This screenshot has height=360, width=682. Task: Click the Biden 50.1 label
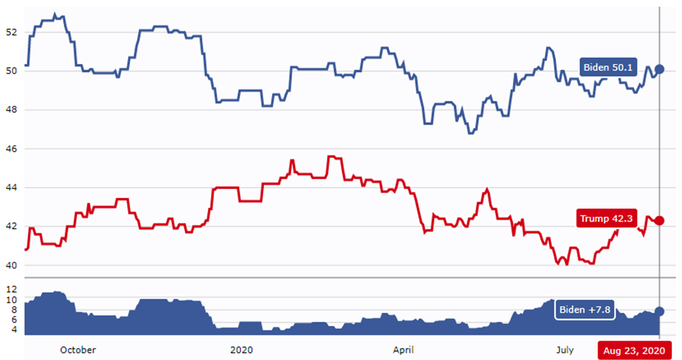(x=607, y=67)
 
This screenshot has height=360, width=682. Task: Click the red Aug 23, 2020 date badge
(x=635, y=351)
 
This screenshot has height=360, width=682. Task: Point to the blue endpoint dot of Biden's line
(x=659, y=69)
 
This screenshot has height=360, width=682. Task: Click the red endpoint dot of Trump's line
(x=659, y=220)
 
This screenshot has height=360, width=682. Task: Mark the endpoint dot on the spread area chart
(x=659, y=312)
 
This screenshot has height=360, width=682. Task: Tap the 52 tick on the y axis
(x=10, y=32)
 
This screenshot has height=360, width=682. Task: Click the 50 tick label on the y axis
(x=10, y=71)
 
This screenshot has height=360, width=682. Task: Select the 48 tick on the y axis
(x=10, y=109)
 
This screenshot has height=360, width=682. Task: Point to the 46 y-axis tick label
(x=10, y=149)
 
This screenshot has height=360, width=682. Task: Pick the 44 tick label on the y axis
(x=10, y=188)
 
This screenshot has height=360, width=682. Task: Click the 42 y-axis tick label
(x=10, y=226)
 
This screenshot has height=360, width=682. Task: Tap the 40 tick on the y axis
(x=10, y=265)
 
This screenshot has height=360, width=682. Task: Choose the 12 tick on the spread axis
(x=10, y=288)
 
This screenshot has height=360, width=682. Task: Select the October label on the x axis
(x=78, y=350)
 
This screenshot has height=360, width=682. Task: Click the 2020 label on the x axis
(x=241, y=350)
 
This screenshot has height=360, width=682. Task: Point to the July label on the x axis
(x=565, y=350)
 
